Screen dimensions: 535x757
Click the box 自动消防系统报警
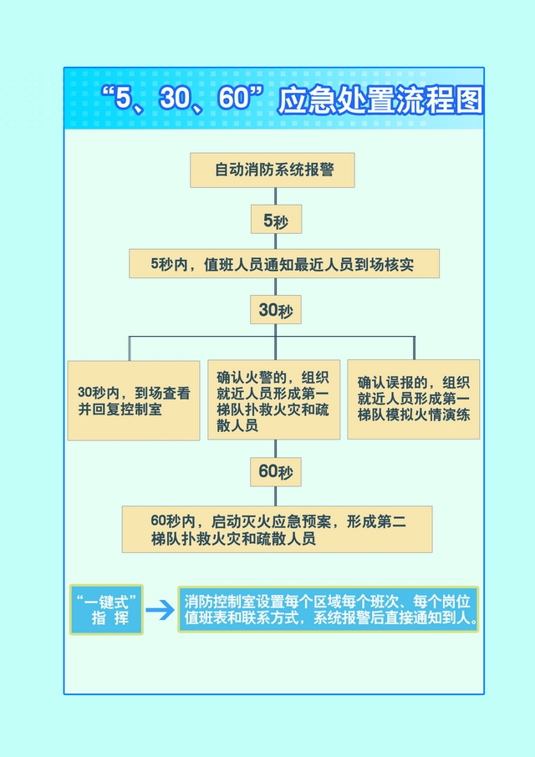[x=273, y=170]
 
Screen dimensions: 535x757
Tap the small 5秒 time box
[x=276, y=219]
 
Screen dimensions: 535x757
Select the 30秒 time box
[x=276, y=309]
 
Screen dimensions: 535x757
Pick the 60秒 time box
[x=276, y=472]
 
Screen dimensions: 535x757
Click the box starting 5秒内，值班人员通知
[x=284, y=263]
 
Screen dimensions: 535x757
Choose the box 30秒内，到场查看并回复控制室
[x=134, y=401]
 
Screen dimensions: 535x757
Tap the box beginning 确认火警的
[x=274, y=399]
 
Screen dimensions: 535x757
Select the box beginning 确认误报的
[x=414, y=399]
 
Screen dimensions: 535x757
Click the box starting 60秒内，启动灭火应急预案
[x=278, y=529]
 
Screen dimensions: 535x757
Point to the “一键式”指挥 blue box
[x=106, y=610]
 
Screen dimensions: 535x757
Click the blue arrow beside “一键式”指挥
[x=160, y=610]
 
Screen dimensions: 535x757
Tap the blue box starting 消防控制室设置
[x=329, y=609]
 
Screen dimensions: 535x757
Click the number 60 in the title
[x=234, y=98]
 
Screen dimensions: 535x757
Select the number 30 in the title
[x=175, y=98]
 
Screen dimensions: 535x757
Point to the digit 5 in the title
[x=123, y=98]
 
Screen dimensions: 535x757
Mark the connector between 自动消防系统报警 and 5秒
[x=276, y=196]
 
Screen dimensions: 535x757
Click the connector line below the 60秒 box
[x=276, y=496]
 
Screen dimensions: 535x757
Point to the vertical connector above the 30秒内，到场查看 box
[x=130, y=348]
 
